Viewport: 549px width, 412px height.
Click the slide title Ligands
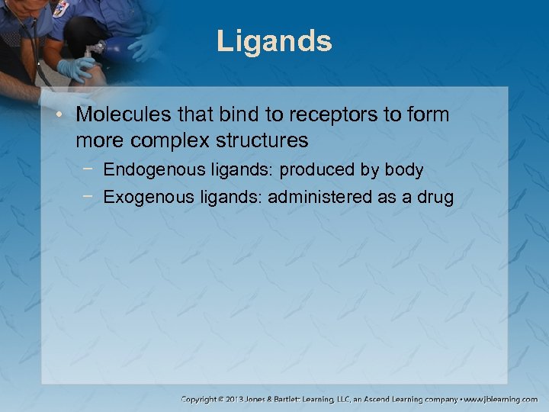coord(274,41)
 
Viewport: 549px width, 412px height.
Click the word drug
coord(434,198)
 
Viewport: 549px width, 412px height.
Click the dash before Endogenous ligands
coord(91,169)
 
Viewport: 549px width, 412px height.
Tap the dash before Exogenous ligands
coord(91,197)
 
